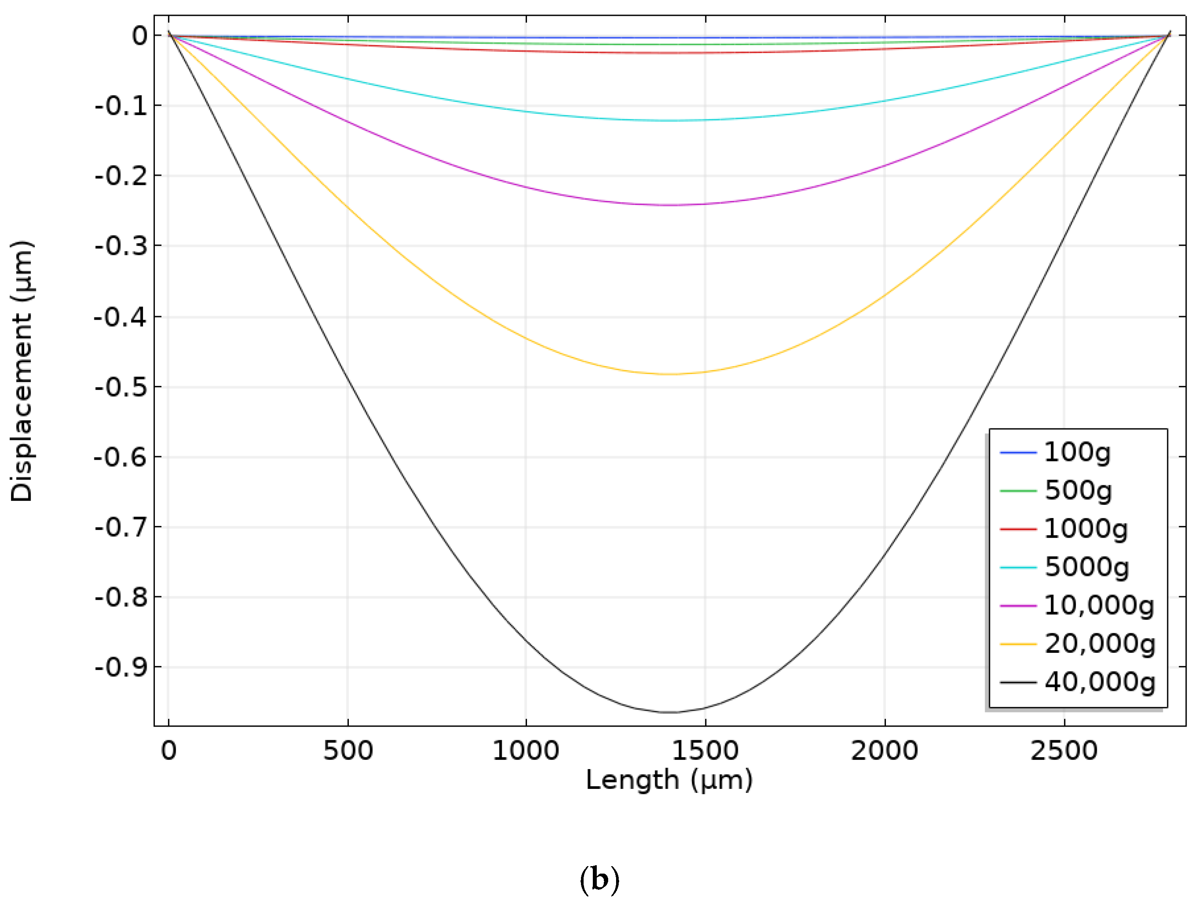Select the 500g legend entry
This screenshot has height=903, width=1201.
coord(1077,491)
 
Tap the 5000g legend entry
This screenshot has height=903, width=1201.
coord(1086,567)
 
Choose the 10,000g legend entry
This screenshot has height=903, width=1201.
coord(1098,605)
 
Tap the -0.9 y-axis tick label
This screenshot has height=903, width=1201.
coord(121,667)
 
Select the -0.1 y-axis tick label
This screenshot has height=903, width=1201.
coord(121,106)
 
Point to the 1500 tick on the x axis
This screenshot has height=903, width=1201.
coord(705,751)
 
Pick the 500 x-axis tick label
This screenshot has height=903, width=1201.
coord(348,751)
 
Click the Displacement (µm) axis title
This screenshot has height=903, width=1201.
coord(22,371)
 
